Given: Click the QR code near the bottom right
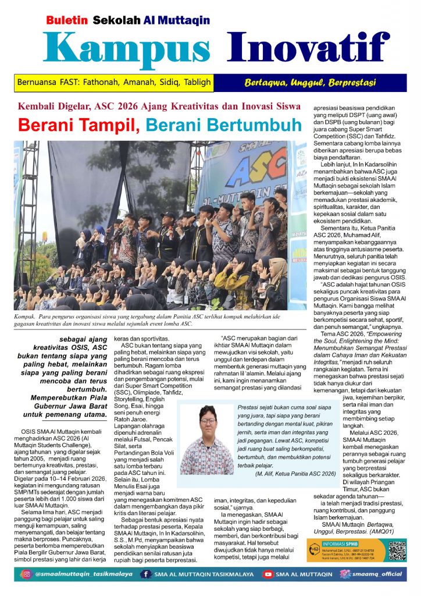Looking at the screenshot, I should click(x=397, y=551).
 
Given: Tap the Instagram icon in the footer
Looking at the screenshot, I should click(x=26, y=574).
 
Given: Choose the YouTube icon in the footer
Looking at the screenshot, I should click(x=268, y=574).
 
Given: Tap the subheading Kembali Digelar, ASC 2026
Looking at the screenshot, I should click(x=159, y=107).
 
